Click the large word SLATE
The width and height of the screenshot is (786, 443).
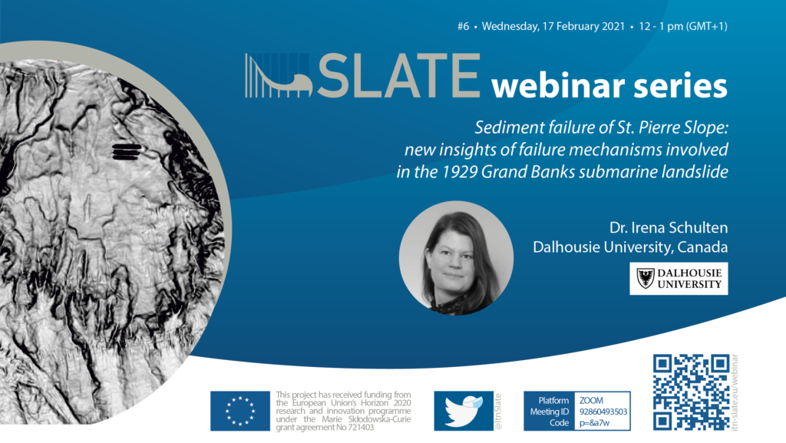[399, 76]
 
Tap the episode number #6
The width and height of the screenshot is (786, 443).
[463, 26]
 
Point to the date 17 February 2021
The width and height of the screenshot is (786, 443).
[583, 26]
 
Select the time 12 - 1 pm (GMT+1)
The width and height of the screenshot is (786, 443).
[682, 26]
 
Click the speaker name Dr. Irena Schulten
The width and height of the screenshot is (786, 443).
[669, 227]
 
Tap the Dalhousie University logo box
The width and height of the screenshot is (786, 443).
[679, 279]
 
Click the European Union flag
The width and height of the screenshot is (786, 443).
[240, 411]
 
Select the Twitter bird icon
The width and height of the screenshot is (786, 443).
[464, 411]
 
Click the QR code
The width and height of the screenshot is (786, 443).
[692, 392]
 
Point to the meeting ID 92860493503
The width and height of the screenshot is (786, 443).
[603, 412]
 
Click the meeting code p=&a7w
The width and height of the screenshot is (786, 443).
[594, 423]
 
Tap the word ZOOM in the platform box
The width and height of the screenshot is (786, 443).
[591, 401]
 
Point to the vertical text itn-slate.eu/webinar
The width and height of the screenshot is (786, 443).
[735, 392]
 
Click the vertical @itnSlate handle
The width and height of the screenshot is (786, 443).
[498, 412]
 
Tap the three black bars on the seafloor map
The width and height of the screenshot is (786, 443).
[127, 151]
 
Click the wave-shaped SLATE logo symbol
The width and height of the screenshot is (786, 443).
[279, 76]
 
